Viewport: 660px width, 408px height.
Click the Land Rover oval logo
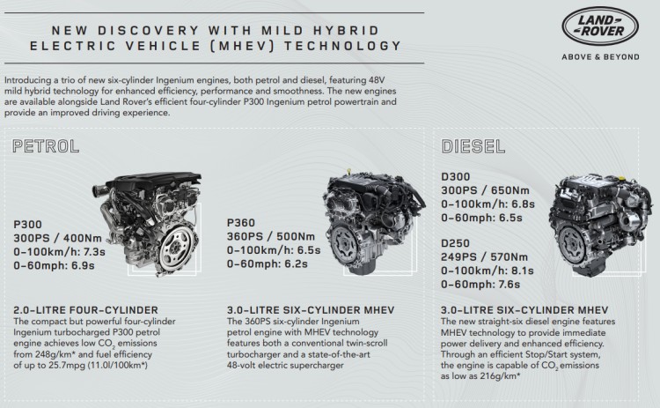click(x=600, y=26)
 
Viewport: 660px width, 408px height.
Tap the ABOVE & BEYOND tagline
click(x=600, y=57)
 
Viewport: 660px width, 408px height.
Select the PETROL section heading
click(x=46, y=146)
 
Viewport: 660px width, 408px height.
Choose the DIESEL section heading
click(x=473, y=146)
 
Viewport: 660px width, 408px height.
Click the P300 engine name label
click(x=27, y=224)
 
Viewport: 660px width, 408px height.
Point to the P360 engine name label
click(x=241, y=223)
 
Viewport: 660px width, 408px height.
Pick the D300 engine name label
click(x=456, y=176)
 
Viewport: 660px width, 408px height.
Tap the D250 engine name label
click(x=455, y=243)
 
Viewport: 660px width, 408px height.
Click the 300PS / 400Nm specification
click(x=57, y=238)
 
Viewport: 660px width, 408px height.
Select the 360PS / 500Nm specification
click(x=271, y=236)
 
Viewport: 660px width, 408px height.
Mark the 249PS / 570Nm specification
click(x=484, y=256)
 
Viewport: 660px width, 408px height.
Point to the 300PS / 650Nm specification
click(x=485, y=190)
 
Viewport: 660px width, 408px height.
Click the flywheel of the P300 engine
click(x=178, y=248)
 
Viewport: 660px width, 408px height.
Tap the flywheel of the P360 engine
click(x=348, y=244)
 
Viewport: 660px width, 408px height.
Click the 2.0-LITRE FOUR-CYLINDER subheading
click(x=86, y=310)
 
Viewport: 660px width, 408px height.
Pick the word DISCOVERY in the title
click(x=148, y=30)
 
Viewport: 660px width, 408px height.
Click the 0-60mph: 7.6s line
click(x=480, y=285)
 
